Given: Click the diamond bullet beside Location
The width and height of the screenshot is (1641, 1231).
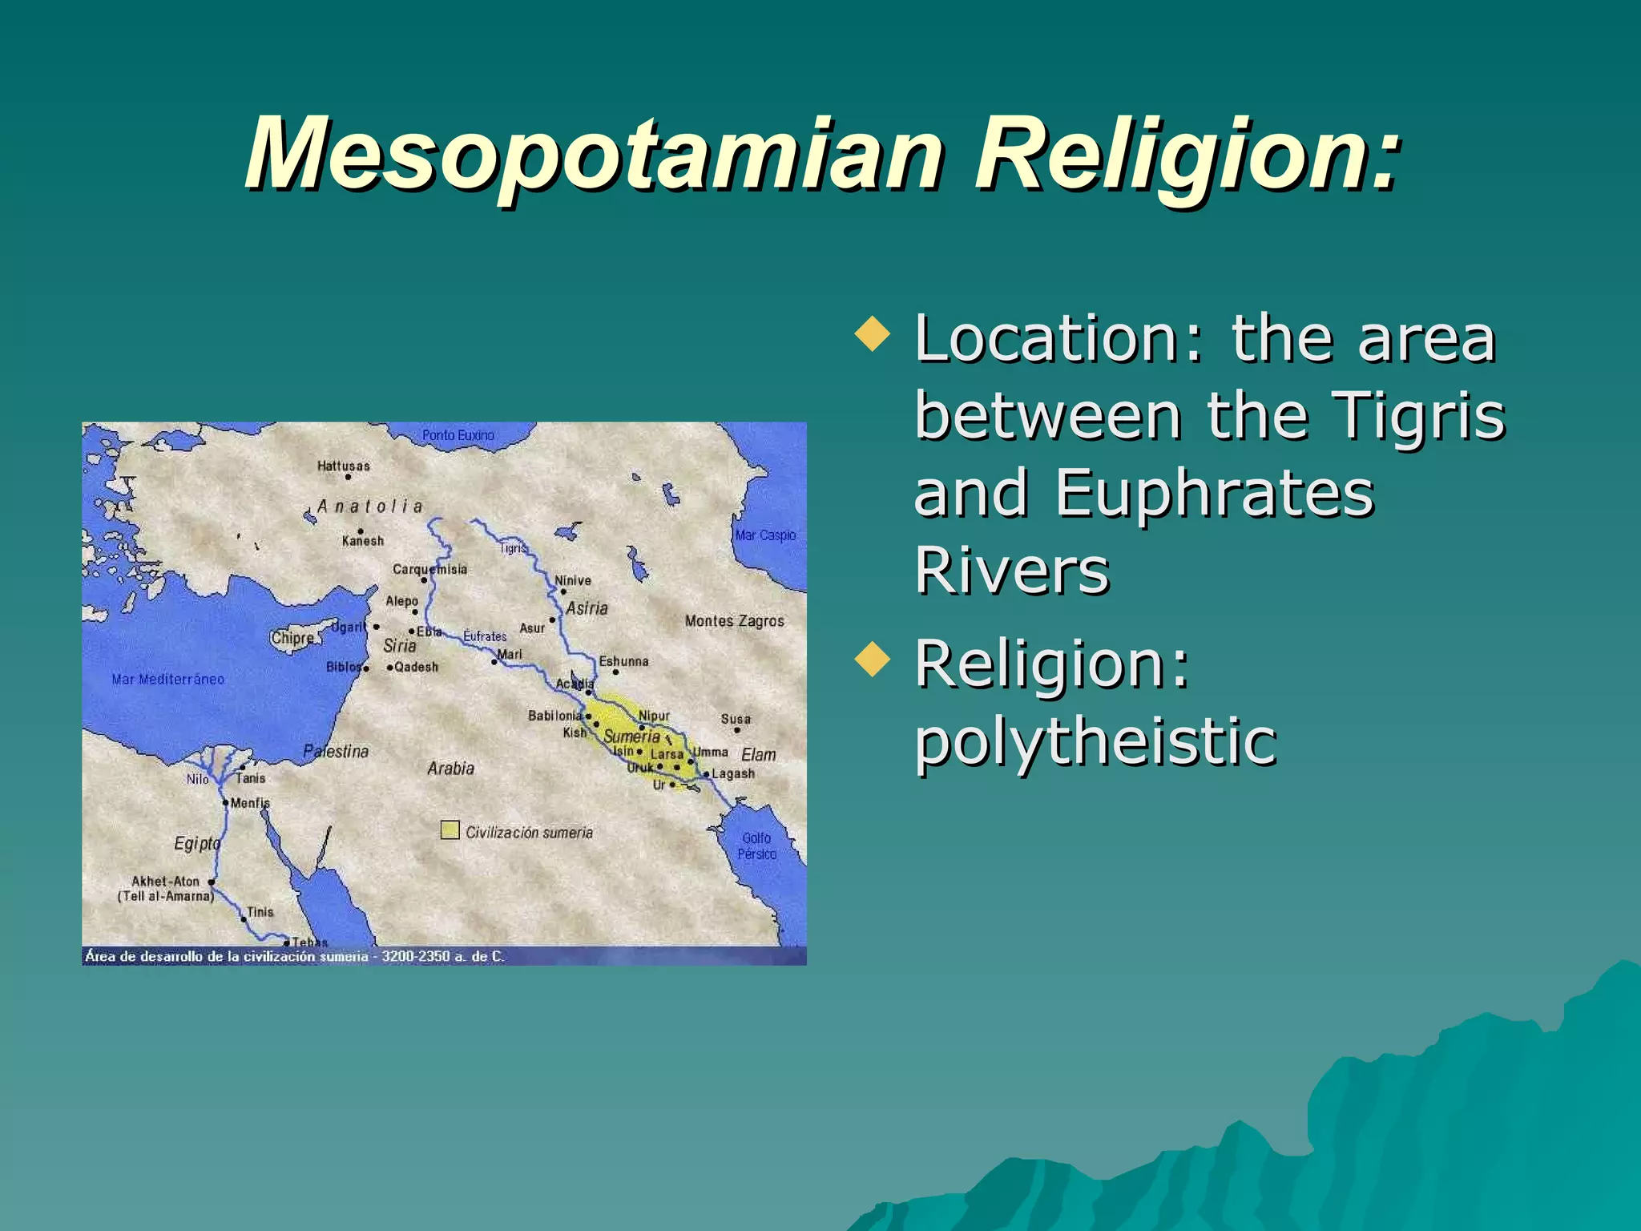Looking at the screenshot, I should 873,334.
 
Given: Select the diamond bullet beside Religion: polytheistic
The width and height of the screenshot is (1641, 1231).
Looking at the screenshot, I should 873,659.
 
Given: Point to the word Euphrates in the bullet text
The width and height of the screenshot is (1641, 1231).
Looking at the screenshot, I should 1214,493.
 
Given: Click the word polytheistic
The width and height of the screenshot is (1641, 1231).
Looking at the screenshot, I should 1095,741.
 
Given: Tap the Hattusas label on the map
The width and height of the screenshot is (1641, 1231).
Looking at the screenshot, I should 344,466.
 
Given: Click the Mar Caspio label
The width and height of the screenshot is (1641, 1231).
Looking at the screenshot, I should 765,535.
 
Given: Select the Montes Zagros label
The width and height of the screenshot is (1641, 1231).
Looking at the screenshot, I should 734,621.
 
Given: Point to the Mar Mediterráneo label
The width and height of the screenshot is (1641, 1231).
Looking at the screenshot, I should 168,680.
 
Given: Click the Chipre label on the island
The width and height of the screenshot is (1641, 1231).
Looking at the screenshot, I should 292,639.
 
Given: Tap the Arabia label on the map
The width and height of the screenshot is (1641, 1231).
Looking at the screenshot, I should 450,769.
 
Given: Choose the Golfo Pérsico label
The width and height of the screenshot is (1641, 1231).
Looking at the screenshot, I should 757,846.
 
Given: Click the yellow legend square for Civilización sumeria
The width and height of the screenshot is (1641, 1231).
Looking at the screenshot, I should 450,830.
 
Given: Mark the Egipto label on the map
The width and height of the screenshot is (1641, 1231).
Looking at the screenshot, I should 197,843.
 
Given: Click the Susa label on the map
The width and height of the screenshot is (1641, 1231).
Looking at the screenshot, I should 736,719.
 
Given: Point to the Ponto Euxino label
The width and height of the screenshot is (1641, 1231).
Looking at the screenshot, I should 458,435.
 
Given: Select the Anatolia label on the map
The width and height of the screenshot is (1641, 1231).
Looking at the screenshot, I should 370,507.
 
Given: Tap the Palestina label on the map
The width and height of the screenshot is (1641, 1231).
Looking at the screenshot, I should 336,751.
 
